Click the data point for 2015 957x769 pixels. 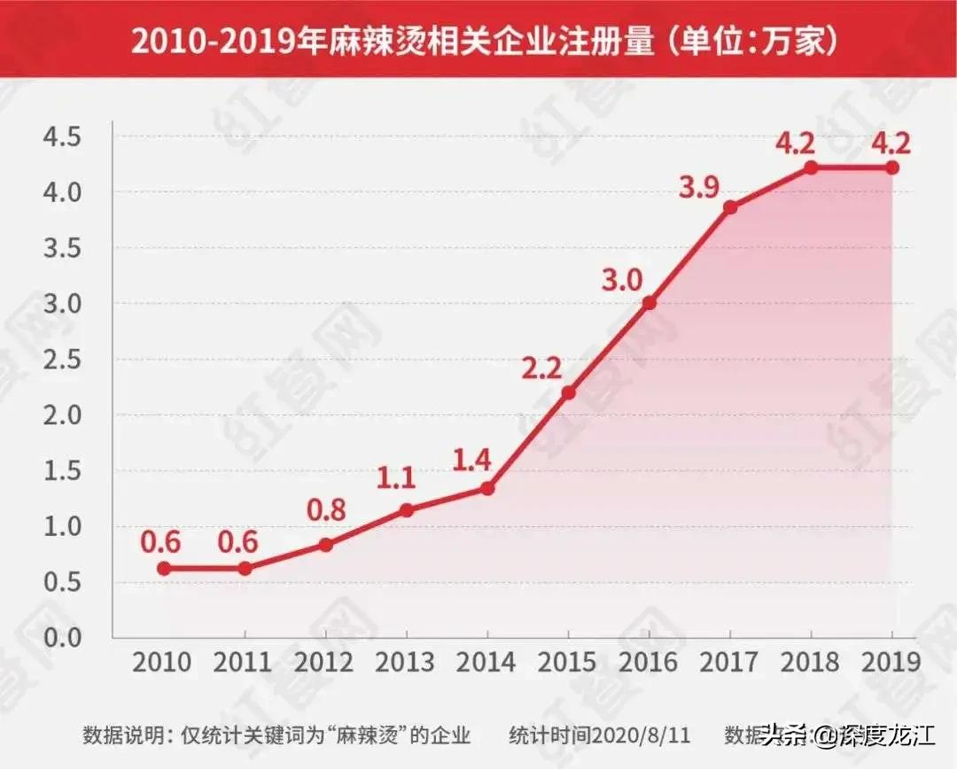click(x=568, y=392)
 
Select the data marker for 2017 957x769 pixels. click(x=730, y=207)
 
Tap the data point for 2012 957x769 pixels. click(x=325, y=545)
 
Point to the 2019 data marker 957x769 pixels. click(x=892, y=167)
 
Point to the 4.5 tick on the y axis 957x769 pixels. click(x=62, y=137)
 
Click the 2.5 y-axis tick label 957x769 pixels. click(x=62, y=360)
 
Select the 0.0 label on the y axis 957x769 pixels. click(x=62, y=638)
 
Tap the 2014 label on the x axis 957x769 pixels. click(x=487, y=663)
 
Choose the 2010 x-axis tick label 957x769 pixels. click(x=164, y=663)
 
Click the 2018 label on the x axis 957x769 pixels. click(x=811, y=663)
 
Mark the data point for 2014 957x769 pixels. click(x=487, y=488)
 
